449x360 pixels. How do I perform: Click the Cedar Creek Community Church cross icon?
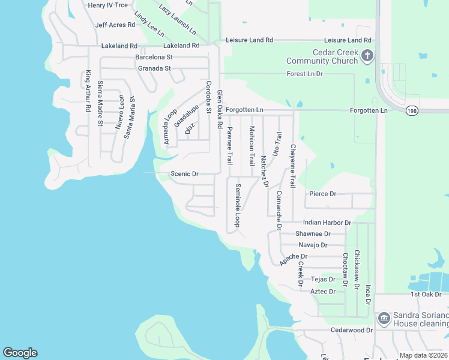click(x=367, y=56)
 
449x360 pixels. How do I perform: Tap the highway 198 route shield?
click(x=412, y=110)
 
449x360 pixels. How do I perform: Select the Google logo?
click(x=20, y=353)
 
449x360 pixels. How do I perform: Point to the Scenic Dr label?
click(x=184, y=174)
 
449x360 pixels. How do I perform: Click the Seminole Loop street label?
click(x=238, y=204)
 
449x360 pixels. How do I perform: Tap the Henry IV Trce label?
click(x=107, y=5)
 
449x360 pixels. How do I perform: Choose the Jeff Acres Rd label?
click(x=115, y=25)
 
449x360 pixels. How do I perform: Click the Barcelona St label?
click(x=154, y=57)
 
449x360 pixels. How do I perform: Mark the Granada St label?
click(x=154, y=68)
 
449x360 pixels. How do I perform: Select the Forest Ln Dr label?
click(x=305, y=74)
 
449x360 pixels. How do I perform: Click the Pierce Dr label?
click(x=322, y=194)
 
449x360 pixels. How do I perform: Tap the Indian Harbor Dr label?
click(x=326, y=223)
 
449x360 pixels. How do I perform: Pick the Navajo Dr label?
click(x=313, y=245)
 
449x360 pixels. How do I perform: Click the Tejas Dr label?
click(x=323, y=280)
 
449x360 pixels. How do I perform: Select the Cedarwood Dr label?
click(x=351, y=330)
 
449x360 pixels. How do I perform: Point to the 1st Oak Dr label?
click(x=426, y=294)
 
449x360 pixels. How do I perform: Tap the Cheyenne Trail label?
click(x=293, y=165)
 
